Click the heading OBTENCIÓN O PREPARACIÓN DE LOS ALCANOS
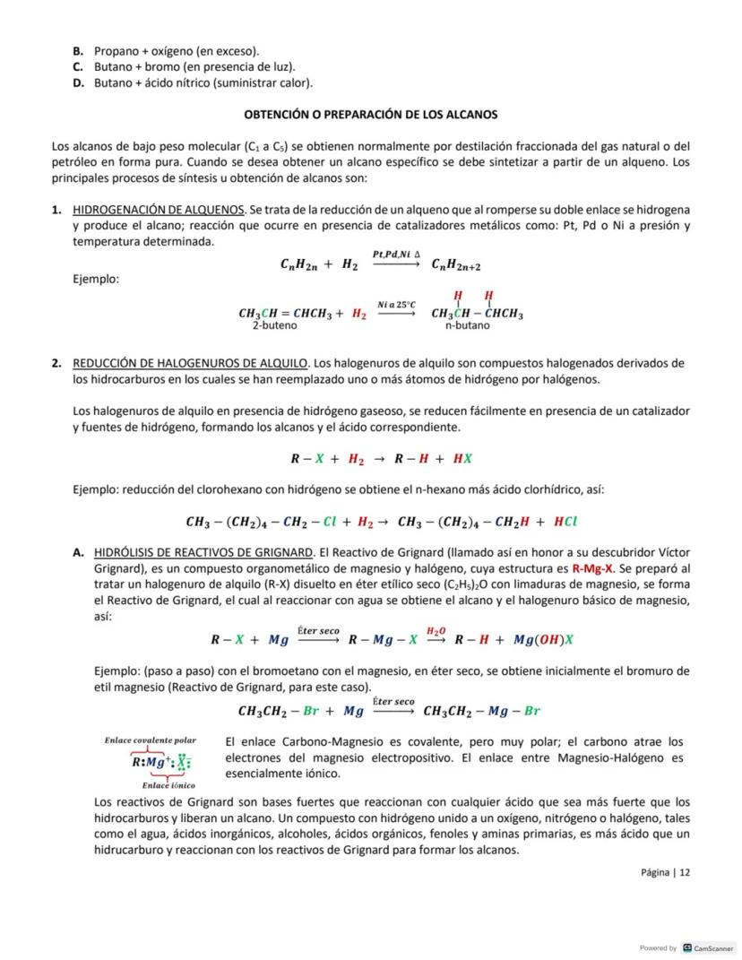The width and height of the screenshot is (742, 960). point(370,115)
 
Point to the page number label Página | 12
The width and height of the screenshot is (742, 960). point(665,872)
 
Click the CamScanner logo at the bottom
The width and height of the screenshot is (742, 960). point(708,947)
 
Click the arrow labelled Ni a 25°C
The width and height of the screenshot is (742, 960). point(395,313)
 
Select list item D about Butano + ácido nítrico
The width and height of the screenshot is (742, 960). point(194,83)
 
